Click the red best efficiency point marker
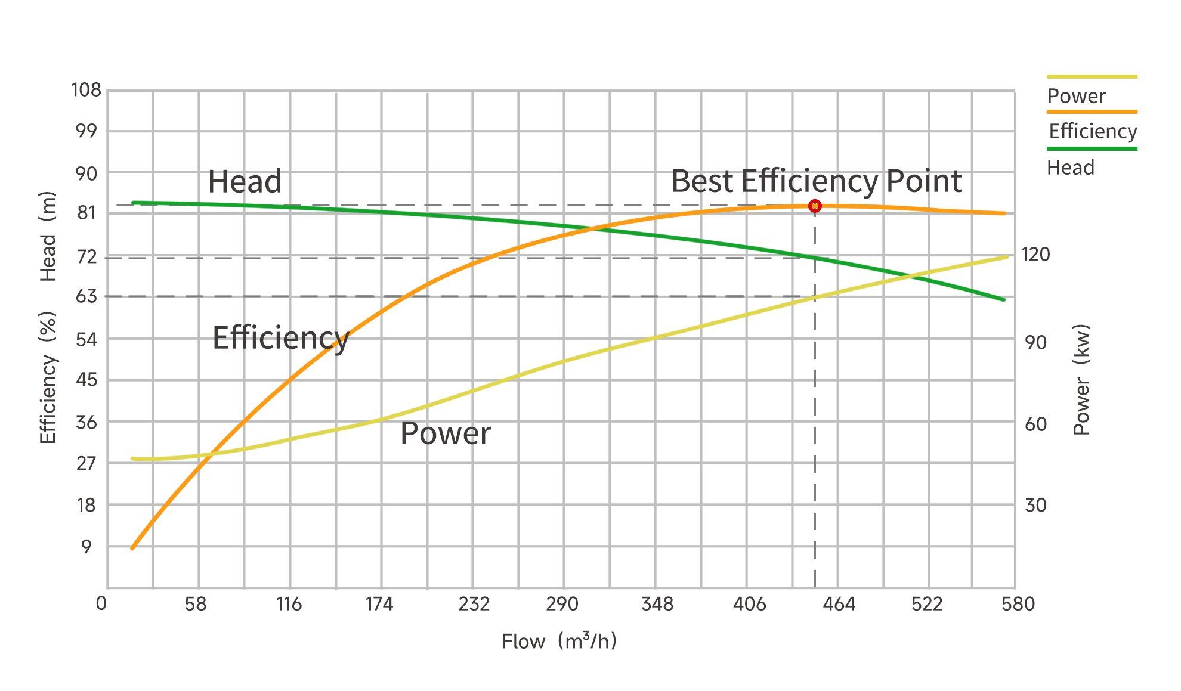(x=815, y=206)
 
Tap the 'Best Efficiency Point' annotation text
(x=816, y=181)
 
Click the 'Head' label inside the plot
(x=245, y=182)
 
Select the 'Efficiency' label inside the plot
(x=280, y=338)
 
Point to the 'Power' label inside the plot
(x=446, y=433)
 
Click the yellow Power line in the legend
(x=1092, y=76)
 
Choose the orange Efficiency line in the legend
(x=1092, y=111)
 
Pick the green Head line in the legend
(x=1092, y=148)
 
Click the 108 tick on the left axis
(x=86, y=90)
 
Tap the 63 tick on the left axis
(x=86, y=296)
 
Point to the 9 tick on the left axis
(x=86, y=547)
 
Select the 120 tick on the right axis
(x=1035, y=255)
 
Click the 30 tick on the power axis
(x=1035, y=506)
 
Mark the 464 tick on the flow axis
(x=839, y=604)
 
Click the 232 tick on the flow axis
(x=474, y=604)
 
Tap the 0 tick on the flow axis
(x=101, y=603)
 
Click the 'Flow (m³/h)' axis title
(x=559, y=641)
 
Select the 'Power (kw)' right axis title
(x=1081, y=380)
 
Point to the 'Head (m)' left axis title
(x=48, y=236)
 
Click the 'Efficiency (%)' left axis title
(x=48, y=377)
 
